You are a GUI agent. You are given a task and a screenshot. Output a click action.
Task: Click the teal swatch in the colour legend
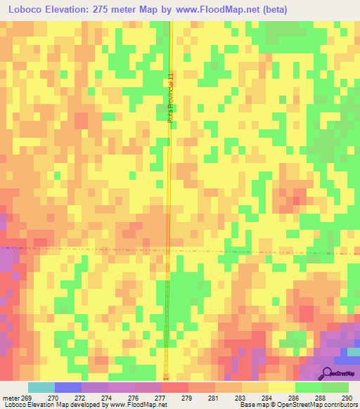point(41,387)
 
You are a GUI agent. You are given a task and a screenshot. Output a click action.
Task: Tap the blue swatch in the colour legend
point(68,387)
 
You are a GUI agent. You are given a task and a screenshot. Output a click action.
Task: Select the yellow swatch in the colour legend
point(282,387)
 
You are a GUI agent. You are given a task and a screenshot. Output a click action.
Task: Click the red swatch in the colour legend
point(175,387)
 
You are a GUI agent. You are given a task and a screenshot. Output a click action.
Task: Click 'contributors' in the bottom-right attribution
point(342,405)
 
